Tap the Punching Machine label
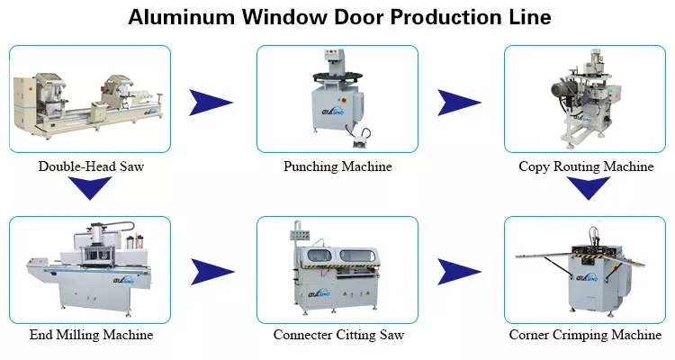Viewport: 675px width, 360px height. coord(337,166)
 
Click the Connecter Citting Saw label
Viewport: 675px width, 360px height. coord(337,335)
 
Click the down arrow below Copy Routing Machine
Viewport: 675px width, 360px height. coord(584,188)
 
